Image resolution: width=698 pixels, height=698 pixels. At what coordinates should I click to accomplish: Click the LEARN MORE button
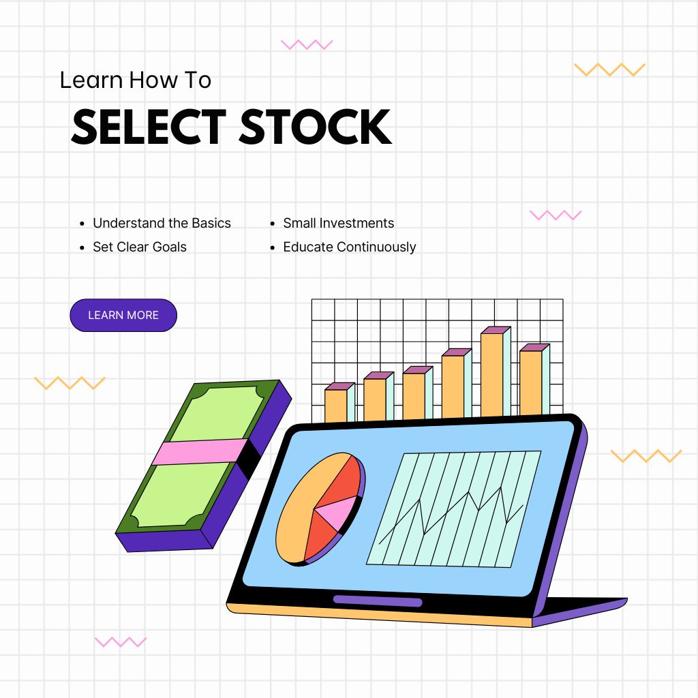pos(123,315)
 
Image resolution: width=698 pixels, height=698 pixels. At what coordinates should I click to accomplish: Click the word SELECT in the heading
pos(149,127)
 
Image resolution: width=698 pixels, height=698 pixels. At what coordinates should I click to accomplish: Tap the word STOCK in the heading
pos(316,127)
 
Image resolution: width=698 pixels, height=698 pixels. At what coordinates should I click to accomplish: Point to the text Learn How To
pos(136,80)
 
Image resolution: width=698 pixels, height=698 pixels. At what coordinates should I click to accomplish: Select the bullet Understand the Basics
pos(162,223)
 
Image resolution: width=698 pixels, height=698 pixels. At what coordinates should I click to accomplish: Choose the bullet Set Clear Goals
pos(139,247)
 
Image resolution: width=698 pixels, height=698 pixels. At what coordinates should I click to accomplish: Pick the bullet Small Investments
pos(338,223)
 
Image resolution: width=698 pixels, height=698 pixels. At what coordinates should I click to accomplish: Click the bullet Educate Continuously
pos(350,247)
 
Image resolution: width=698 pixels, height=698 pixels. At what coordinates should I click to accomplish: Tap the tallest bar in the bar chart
pos(496,372)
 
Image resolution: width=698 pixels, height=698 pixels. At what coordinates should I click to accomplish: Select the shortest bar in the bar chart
pos(339,402)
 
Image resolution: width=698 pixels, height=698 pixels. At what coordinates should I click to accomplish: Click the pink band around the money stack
pos(200,452)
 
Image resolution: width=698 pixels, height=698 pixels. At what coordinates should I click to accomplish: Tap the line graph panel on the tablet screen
pos(453,509)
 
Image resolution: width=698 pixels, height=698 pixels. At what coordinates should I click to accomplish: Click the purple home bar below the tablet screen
pos(378,601)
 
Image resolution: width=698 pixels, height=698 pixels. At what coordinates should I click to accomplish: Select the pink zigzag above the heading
pos(307,44)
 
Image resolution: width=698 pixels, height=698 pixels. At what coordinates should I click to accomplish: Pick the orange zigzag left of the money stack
pos(70,383)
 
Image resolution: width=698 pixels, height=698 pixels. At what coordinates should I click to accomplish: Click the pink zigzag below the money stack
pos(121,641)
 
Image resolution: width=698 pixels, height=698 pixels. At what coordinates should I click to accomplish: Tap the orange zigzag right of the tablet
pos(646,456)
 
